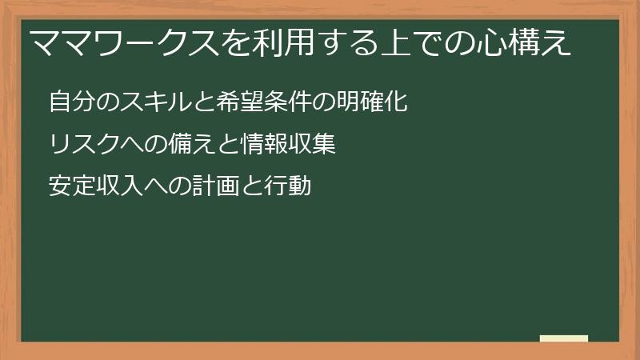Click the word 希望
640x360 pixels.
tap(226, 103)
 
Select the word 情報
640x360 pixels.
tap(246, 145)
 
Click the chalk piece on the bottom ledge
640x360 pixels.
tap(564, 338)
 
